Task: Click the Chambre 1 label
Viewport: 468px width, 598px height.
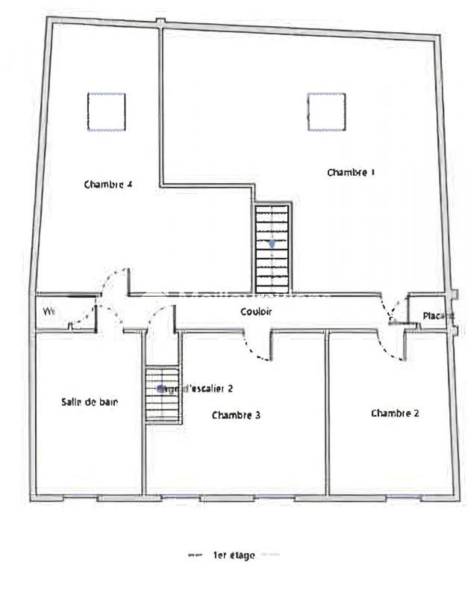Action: [351, 173]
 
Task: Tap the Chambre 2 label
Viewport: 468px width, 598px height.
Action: [395, 413]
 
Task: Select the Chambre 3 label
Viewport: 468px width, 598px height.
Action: [236, 415]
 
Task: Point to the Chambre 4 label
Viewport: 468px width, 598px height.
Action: [108, 184]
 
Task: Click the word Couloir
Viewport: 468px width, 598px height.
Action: [256, 311]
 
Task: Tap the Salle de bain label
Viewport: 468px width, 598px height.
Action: [90, 402]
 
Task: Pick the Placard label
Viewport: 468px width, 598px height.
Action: [437, 316]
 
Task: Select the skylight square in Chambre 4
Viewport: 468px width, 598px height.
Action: [106, 111]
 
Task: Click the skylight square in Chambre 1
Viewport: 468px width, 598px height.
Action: [326, 111]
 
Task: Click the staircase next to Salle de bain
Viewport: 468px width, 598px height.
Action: [163, 395]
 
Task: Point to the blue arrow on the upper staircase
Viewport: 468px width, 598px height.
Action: [272, 244]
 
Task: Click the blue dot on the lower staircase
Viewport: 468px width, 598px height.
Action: [160, 388]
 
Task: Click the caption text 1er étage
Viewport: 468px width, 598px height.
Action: [234, 555]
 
